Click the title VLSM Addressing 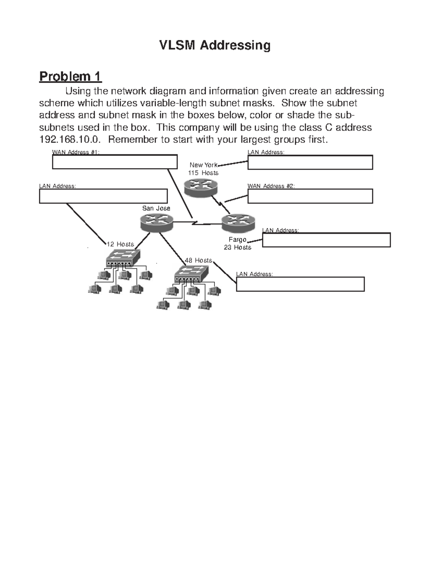click(x=214, y=45)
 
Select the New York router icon click(x=201, y=187)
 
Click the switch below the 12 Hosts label click(x=123, y=258)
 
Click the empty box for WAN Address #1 click(x=114, y=162)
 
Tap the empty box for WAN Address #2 click(x=310, y=196)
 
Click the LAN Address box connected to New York click(x=310, y=162)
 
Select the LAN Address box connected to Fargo click(x=326, y=240)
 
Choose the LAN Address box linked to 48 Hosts click(x=300, y=284)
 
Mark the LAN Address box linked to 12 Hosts click(x=103, y=196)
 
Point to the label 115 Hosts click(x=203, y=173)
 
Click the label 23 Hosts click(x=237, y=247)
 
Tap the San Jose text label click(x=156, y=208)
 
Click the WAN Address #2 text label click(x=271, y=186)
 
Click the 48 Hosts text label click(x=198, y=260)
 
